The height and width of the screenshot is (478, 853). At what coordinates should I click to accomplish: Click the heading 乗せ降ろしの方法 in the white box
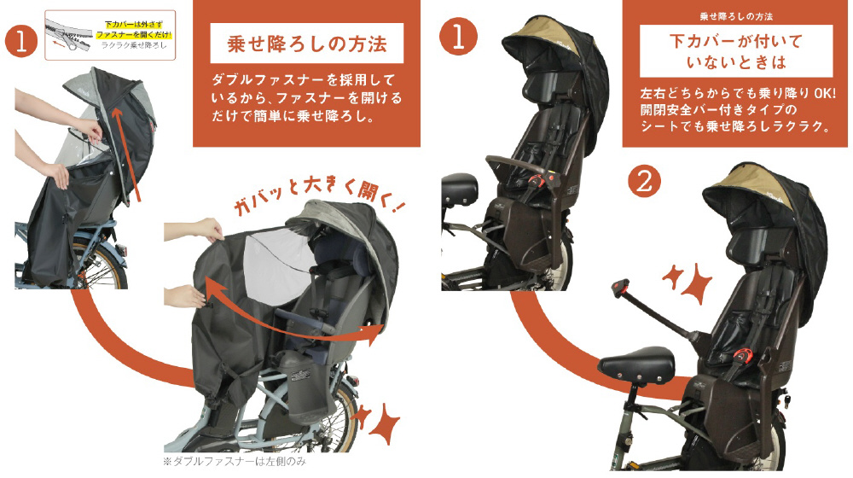(x=307, y=44)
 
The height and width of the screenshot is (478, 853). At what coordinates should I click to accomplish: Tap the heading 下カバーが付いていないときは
(x=736, y=51)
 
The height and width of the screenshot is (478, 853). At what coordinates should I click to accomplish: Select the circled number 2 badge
(x=644, y=182)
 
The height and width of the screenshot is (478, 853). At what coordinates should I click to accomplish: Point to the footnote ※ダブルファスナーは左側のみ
(x=235, y=462)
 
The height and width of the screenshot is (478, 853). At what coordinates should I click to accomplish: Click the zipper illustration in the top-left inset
(x=70, y=35)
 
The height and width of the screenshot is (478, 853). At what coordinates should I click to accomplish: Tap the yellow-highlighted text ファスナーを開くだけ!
(x=134, y=34)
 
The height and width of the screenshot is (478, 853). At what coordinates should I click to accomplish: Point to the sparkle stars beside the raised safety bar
(x=687, y=281)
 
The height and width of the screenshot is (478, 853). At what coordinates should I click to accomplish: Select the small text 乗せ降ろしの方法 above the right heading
(x=736, y=17)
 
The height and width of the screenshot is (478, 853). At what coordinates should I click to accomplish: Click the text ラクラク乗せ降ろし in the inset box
(x=135, y=45)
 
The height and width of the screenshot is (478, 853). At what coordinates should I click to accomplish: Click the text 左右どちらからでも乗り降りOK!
(x=738, y=93)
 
